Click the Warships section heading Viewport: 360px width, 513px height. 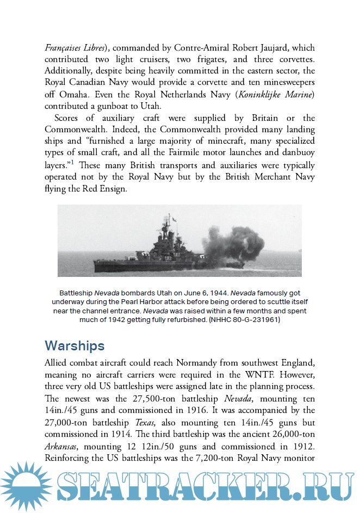[x=75, y=345]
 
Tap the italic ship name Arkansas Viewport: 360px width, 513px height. [x=63, y=447]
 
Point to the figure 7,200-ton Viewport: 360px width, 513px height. [x=206, y=459]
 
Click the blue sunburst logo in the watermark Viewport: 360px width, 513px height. [x=26, y=485]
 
